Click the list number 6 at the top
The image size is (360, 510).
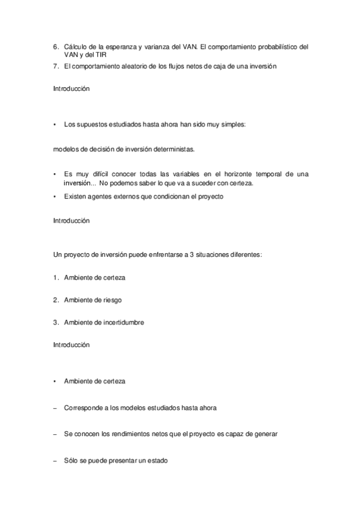[x=55, y=46]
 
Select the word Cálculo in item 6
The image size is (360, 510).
[x=76, y=46]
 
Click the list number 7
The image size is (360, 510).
[x=55, y=66]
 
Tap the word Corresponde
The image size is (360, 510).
[x=82, y=407]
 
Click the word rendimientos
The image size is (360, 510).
[x=129, y=434]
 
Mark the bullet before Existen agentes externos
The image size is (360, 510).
[x=55, y=197]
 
